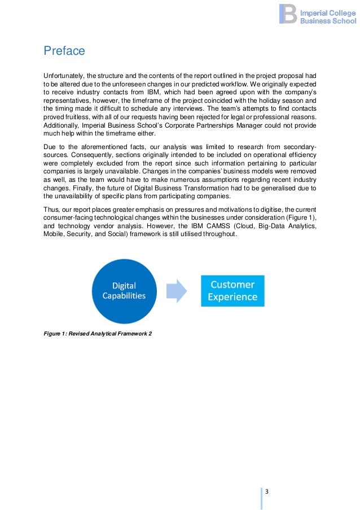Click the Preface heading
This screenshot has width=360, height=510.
[x=64, y=51]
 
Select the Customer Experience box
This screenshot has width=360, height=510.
[x=232, y=290]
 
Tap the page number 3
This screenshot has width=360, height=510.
[x=267, y=490]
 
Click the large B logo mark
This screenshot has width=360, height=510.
[x=288, y=14]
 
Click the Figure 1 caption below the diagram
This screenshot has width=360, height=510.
[x=98, y=333]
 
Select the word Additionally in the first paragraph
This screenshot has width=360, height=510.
[x=64, y=125]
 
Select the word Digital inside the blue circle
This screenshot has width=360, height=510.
[x=124, y=285]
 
